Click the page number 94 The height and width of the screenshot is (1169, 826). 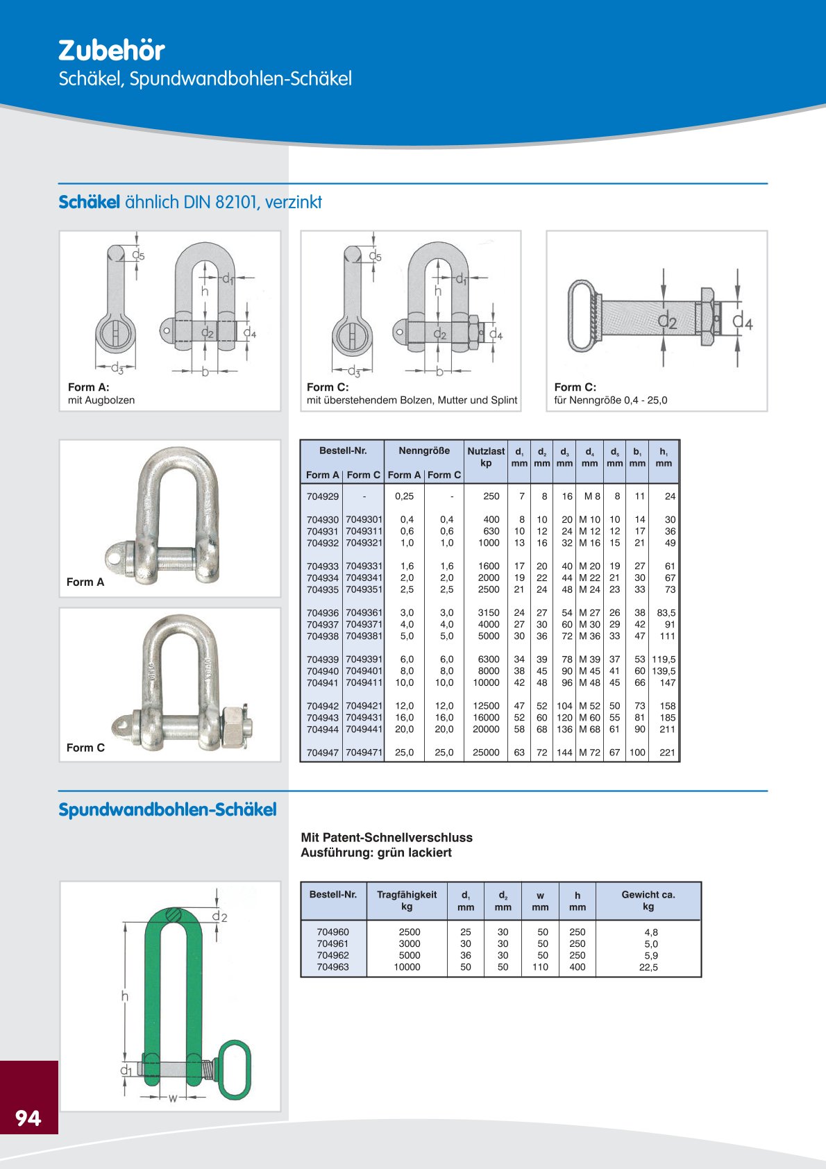tap(28, 1118)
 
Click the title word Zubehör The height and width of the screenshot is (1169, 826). tap(111, 51)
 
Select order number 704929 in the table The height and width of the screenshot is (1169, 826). tap(323, 496)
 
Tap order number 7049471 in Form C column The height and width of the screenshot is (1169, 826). tap(364, 752)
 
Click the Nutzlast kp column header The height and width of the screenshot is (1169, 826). tap(486, 457)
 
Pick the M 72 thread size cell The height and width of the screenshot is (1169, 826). tap(589, 752)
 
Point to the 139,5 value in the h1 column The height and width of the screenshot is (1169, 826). tap(664, 671)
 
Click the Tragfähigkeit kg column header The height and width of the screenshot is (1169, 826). tap(407, 900)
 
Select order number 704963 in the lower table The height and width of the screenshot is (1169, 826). tap(332, 967)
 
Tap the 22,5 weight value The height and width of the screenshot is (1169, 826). tap(648, 967)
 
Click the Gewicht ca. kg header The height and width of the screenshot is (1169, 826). tap(648, 900)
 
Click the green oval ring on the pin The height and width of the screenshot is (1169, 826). tap(234, 1070)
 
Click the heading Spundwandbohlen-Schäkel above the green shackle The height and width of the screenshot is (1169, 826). tap(167, 810)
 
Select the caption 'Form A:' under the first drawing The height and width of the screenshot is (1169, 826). tap(88, 387)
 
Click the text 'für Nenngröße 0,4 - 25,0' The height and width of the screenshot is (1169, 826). tap(610, 401)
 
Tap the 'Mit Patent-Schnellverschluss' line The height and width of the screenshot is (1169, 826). tap(387, 838)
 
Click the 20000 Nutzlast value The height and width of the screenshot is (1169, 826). tap(486, 730)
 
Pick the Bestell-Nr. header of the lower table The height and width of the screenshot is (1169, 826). tap(333, 895)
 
